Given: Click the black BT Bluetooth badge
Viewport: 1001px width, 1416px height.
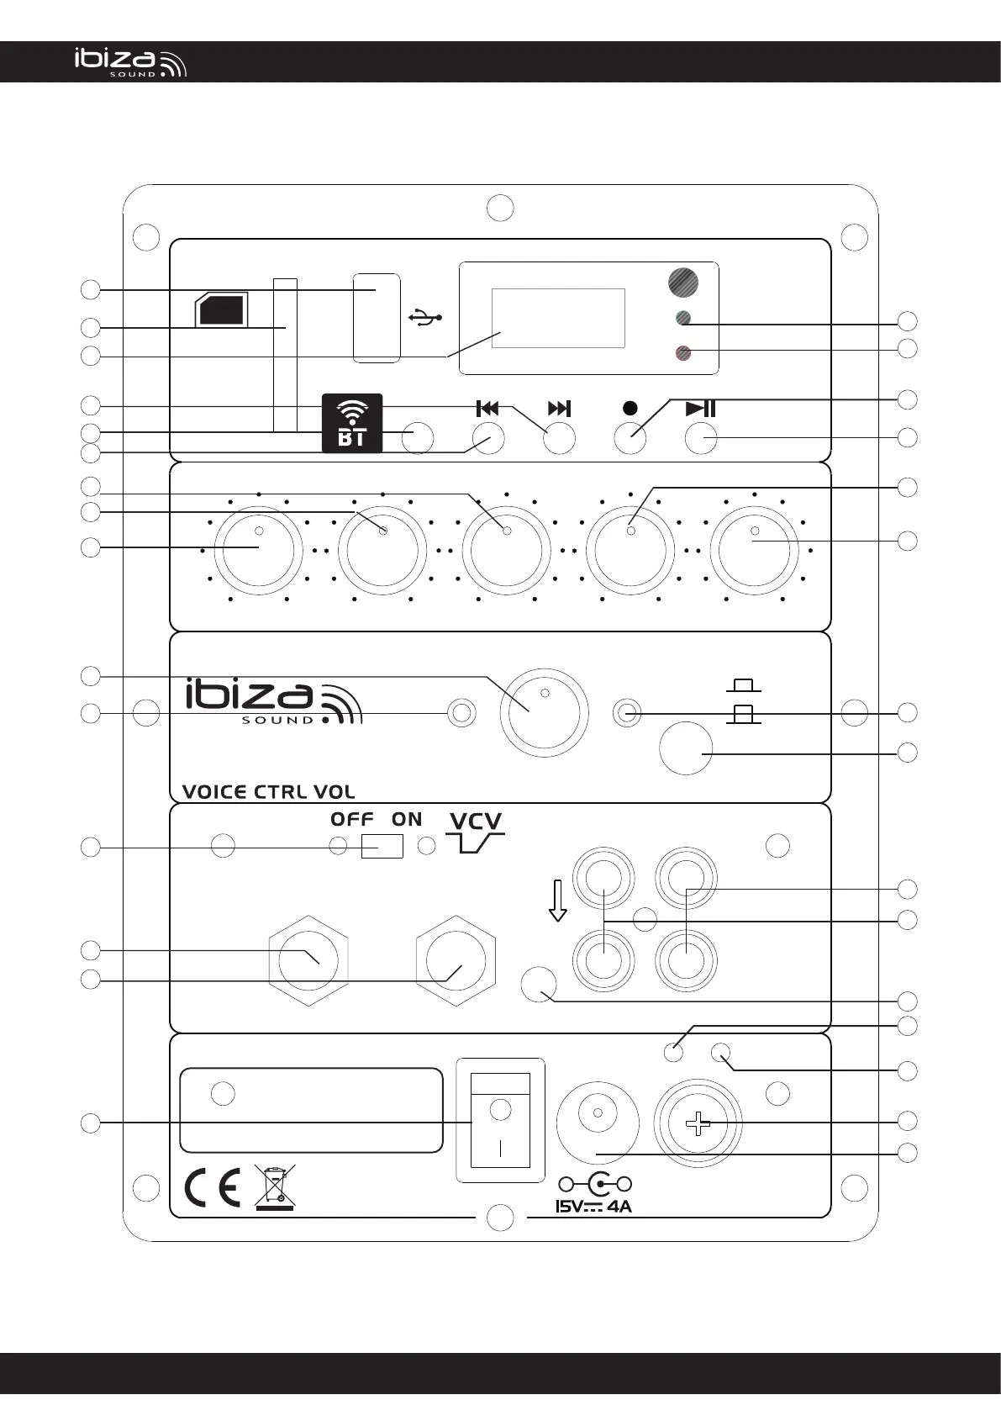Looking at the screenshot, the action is (352, 423).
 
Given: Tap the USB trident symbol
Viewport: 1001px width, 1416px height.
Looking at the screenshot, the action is (425, 317).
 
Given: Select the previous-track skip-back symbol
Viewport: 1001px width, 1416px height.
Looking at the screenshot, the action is (487, 409).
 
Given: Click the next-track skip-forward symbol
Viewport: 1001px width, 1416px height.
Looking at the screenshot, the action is (559, 409).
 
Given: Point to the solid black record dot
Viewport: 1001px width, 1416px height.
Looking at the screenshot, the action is (630, 409).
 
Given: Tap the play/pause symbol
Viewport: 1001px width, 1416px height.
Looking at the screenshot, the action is (701, 409).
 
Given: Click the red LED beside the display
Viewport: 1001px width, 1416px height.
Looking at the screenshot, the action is (683, 353).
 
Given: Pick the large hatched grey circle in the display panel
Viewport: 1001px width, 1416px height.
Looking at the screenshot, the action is (683, 282).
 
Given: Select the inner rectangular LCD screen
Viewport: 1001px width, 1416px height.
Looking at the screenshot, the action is (559, 318).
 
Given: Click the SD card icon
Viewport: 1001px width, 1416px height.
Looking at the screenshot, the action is (221, 309).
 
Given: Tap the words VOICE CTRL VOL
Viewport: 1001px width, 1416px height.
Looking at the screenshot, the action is (269, 791).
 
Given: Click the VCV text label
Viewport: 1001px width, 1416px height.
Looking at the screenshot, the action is (476, 821).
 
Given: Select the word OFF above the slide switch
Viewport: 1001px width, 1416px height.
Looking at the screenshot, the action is (352, 819).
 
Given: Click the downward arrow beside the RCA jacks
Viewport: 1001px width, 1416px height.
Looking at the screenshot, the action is (557, 901).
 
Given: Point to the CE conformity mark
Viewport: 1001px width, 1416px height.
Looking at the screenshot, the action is (213, 1188).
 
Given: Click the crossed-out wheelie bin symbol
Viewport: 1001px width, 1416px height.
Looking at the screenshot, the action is (275, 1188).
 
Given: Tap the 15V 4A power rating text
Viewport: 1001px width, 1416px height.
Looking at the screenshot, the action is (593, 1207).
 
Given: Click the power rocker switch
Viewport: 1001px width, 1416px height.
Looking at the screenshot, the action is (501, 1119).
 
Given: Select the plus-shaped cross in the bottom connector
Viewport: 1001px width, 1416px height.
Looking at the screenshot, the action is (698, 1124).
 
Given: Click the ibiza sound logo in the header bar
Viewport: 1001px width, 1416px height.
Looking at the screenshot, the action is (130, 62).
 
